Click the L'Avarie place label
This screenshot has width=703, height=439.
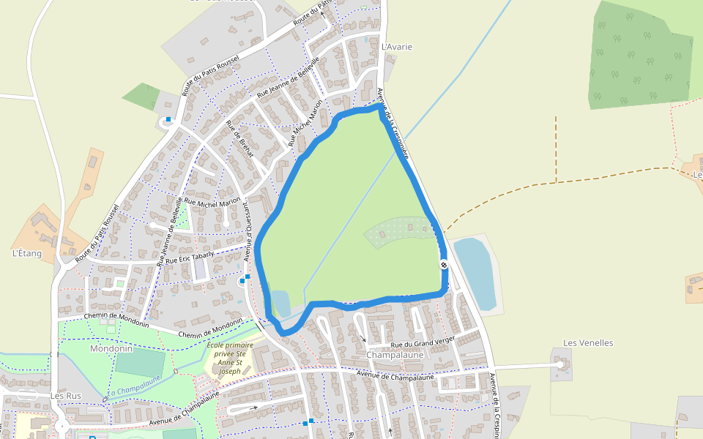click(397, 47)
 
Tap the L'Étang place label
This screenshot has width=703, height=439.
click(27, 254)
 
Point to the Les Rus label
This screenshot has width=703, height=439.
click(65, 396)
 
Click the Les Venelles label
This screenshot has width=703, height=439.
click(588, 342)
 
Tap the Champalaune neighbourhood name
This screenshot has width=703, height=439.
click(395, 355)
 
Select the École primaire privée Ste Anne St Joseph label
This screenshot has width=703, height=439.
click(229, 358)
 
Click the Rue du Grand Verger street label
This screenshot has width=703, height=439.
click(423, 342)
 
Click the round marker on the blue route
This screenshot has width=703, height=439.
click(444, 264)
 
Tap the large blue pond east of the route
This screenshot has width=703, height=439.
click(477, 273)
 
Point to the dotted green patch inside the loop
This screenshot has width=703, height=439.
click(399, 230)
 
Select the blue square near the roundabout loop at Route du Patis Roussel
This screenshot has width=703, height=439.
click(168, 119)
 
